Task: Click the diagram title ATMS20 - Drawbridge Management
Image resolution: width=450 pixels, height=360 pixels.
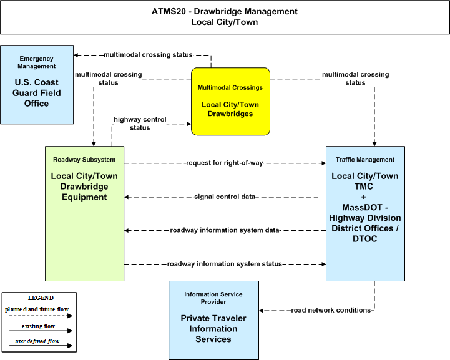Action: click(225, 11)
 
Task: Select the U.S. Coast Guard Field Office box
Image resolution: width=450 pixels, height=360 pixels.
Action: click(37, 85)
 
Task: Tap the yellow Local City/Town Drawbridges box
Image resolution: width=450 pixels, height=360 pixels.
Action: click(230, 101)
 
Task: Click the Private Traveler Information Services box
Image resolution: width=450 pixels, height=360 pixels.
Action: click(213, 320)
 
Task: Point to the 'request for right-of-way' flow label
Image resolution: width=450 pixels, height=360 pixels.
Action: click(225, 163)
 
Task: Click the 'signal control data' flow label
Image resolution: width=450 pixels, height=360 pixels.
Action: click(225, 197)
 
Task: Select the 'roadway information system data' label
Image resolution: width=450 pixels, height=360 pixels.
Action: click(225, 230)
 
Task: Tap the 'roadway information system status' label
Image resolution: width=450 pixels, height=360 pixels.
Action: click(225, 264)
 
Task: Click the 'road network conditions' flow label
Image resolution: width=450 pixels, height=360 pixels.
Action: click(331, 310)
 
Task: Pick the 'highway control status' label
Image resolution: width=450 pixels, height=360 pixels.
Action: click(140, 124)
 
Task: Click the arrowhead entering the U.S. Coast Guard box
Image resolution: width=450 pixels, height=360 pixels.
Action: click(76, 55)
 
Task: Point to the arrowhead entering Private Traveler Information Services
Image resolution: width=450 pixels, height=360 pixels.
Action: click(261, 311)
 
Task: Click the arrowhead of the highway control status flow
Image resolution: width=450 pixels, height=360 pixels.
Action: click(189, 124)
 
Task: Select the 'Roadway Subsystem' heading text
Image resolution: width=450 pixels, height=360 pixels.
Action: click(84, 160)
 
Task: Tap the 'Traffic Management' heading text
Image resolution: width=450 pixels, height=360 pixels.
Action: click(365, 160)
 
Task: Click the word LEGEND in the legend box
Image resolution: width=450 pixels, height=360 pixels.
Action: click(41, 298)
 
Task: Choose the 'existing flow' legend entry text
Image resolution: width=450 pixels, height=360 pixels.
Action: click(38, 326)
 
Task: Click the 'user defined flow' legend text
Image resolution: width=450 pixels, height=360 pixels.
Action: click(37, 341)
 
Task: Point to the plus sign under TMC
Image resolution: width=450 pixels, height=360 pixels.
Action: click(364, 197)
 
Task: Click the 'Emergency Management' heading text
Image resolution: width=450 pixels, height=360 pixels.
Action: click(36, 62)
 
